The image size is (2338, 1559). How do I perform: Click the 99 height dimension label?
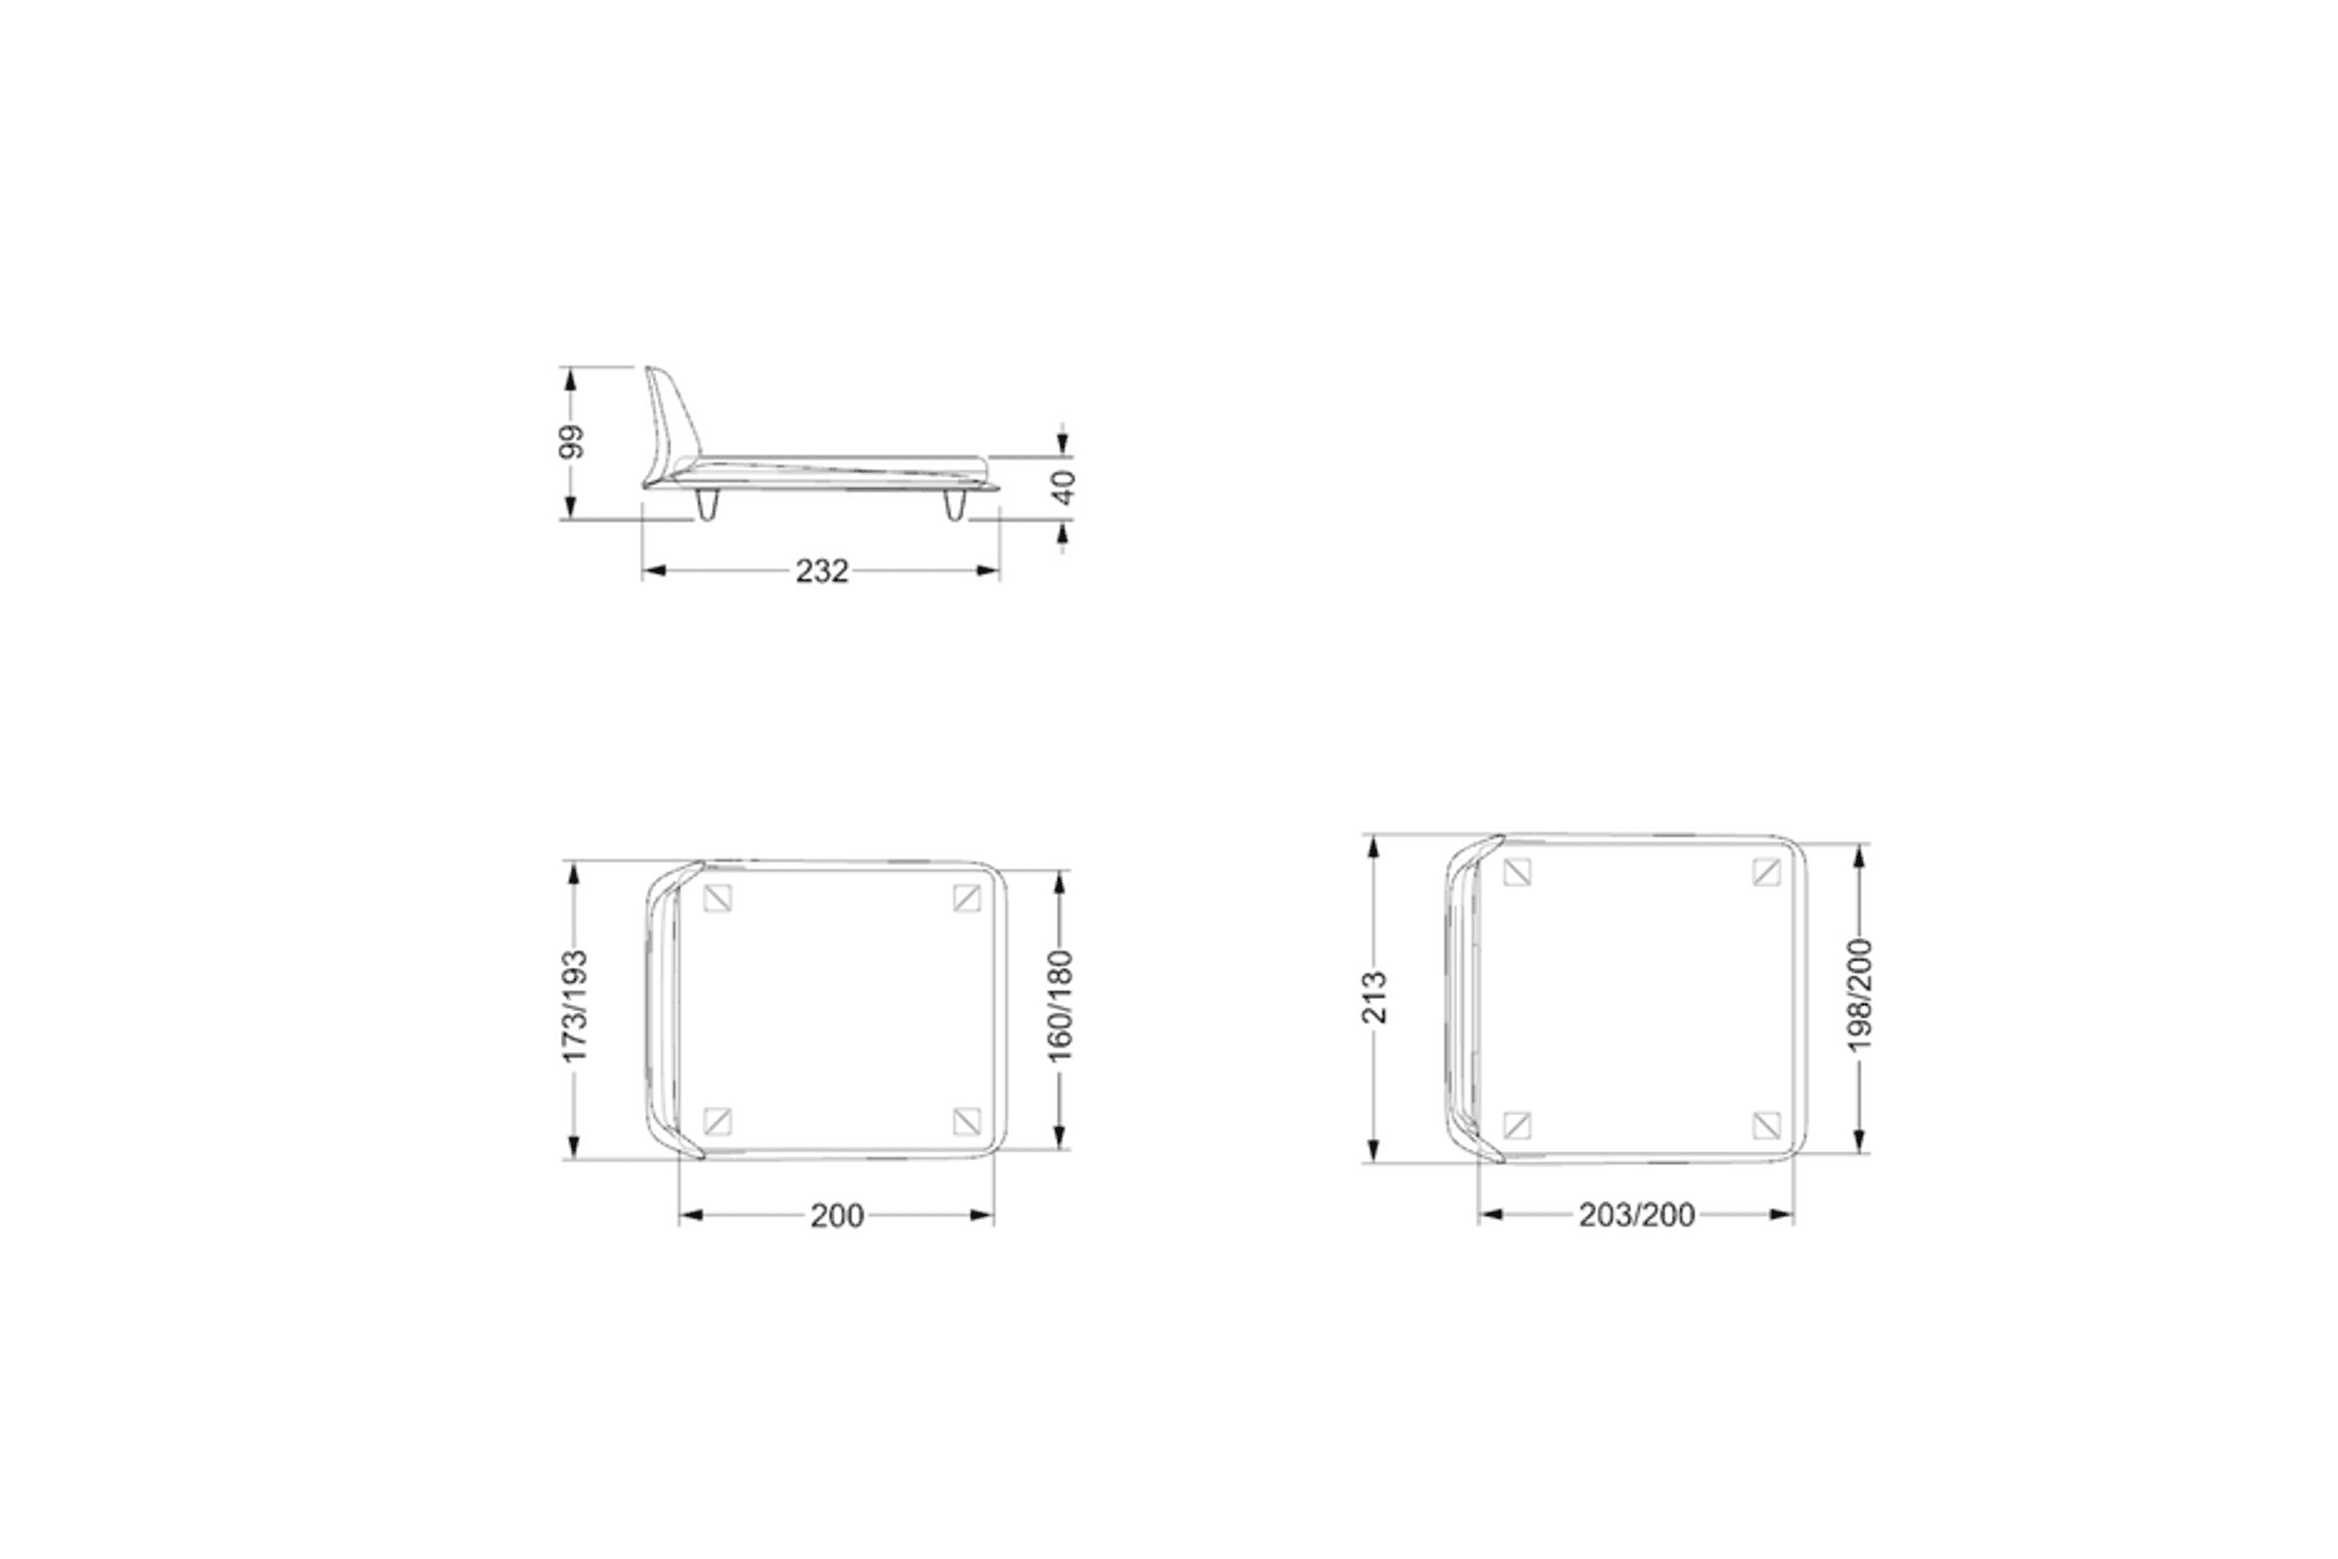click(x=571, y=442)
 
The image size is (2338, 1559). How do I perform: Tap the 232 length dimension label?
click(x=822, y=571)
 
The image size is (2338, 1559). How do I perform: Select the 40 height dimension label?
click(x=1062, y=487)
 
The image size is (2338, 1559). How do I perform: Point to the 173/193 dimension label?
click(x=574, y=1006)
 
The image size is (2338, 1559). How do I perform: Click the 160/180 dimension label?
click(x=1060, y=1006)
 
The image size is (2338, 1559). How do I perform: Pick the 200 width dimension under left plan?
click(x=837, y=1216)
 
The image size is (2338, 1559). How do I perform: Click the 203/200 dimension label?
click(x=1637, y=1215)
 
